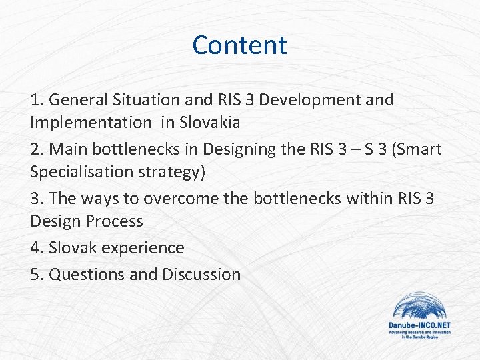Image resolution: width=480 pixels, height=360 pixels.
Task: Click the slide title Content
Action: pyautogui.click(x=239, y=45)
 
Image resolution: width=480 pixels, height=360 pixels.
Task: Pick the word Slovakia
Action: pyautogui.click(x=210, y=123)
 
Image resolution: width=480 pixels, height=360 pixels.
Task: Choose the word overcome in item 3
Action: pyautogui.click(x=179, y=199)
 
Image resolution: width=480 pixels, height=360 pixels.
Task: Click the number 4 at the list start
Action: pyautogui.click(x=35, y=248)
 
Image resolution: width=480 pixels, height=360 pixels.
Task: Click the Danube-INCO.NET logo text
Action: pyautogui.click(x=419, y=325)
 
